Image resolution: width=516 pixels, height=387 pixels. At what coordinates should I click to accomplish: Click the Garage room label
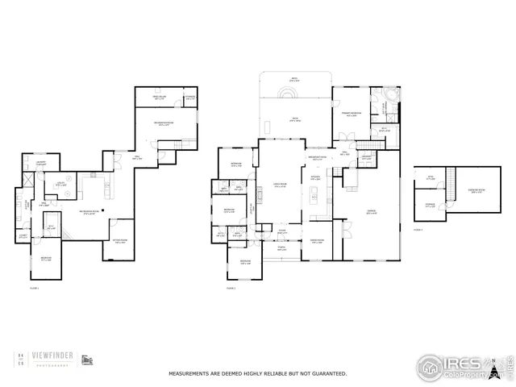(x=372, y=212)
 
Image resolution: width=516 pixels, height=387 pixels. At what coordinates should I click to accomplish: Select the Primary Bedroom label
(x=352, y=114)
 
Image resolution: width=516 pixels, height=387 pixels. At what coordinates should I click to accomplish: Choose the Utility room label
(x=60, y=184)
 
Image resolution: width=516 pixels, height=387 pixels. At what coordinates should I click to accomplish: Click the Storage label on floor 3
(x=431, y=205)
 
